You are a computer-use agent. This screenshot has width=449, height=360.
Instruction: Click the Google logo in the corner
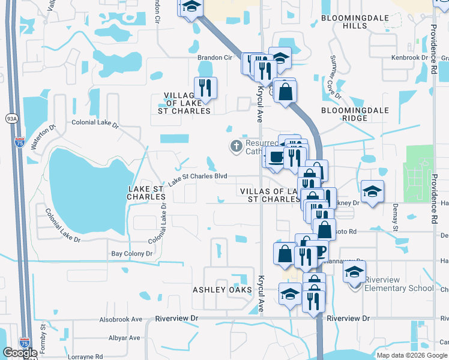(x=20, y=353)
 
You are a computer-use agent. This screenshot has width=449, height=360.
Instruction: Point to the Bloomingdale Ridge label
(x=355, y=114)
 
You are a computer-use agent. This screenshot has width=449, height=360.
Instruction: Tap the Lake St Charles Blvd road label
(x=197, y=179)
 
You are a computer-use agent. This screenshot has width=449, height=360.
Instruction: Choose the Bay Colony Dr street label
(x=131, y=254)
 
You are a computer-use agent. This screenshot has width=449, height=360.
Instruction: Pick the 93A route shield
(x=12, y=119)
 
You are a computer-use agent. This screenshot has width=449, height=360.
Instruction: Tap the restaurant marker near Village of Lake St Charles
(x=205, y=88)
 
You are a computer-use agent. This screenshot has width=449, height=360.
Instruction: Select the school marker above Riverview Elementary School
(x=354, y=271)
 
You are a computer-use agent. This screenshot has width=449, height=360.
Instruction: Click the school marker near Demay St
(x=372, y=191)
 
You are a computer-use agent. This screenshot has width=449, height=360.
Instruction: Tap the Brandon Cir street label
(x=215, y=58)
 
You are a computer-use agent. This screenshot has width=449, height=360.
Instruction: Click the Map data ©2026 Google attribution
(x=412, y=355)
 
